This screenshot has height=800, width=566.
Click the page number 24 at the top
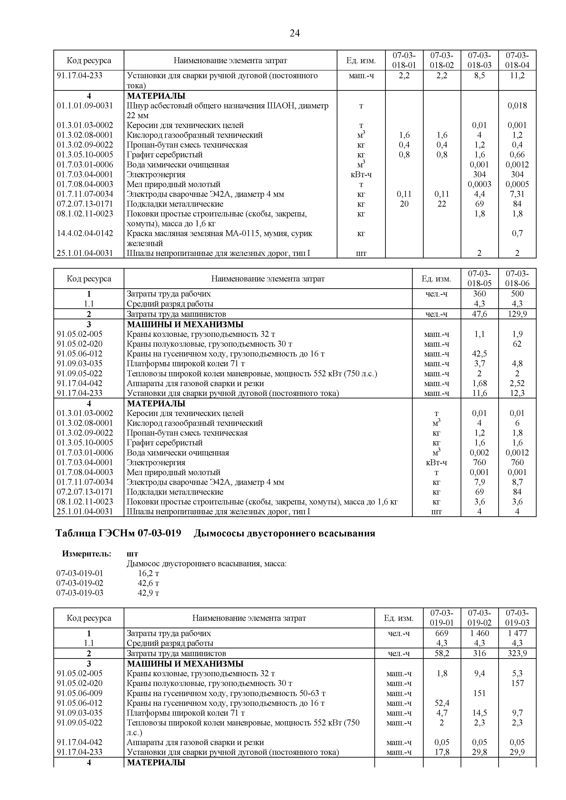295,34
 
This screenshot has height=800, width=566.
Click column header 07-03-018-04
517,60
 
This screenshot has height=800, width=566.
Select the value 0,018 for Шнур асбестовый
517,106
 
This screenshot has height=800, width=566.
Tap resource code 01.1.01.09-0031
85,106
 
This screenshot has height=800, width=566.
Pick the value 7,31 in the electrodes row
517,194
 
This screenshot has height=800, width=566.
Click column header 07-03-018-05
479,278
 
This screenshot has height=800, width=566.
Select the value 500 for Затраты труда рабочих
517,294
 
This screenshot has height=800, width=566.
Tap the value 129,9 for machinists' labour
517,314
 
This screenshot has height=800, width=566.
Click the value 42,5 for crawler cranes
479,354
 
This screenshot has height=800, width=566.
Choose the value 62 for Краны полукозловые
517,344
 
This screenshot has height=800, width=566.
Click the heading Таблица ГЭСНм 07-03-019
118,533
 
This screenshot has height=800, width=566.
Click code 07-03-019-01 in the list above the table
80,574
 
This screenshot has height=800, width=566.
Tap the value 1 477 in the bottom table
517,633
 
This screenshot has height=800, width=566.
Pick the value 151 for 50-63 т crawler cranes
479,693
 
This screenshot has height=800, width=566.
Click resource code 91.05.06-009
80,693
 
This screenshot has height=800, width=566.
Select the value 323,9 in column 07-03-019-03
517,654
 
